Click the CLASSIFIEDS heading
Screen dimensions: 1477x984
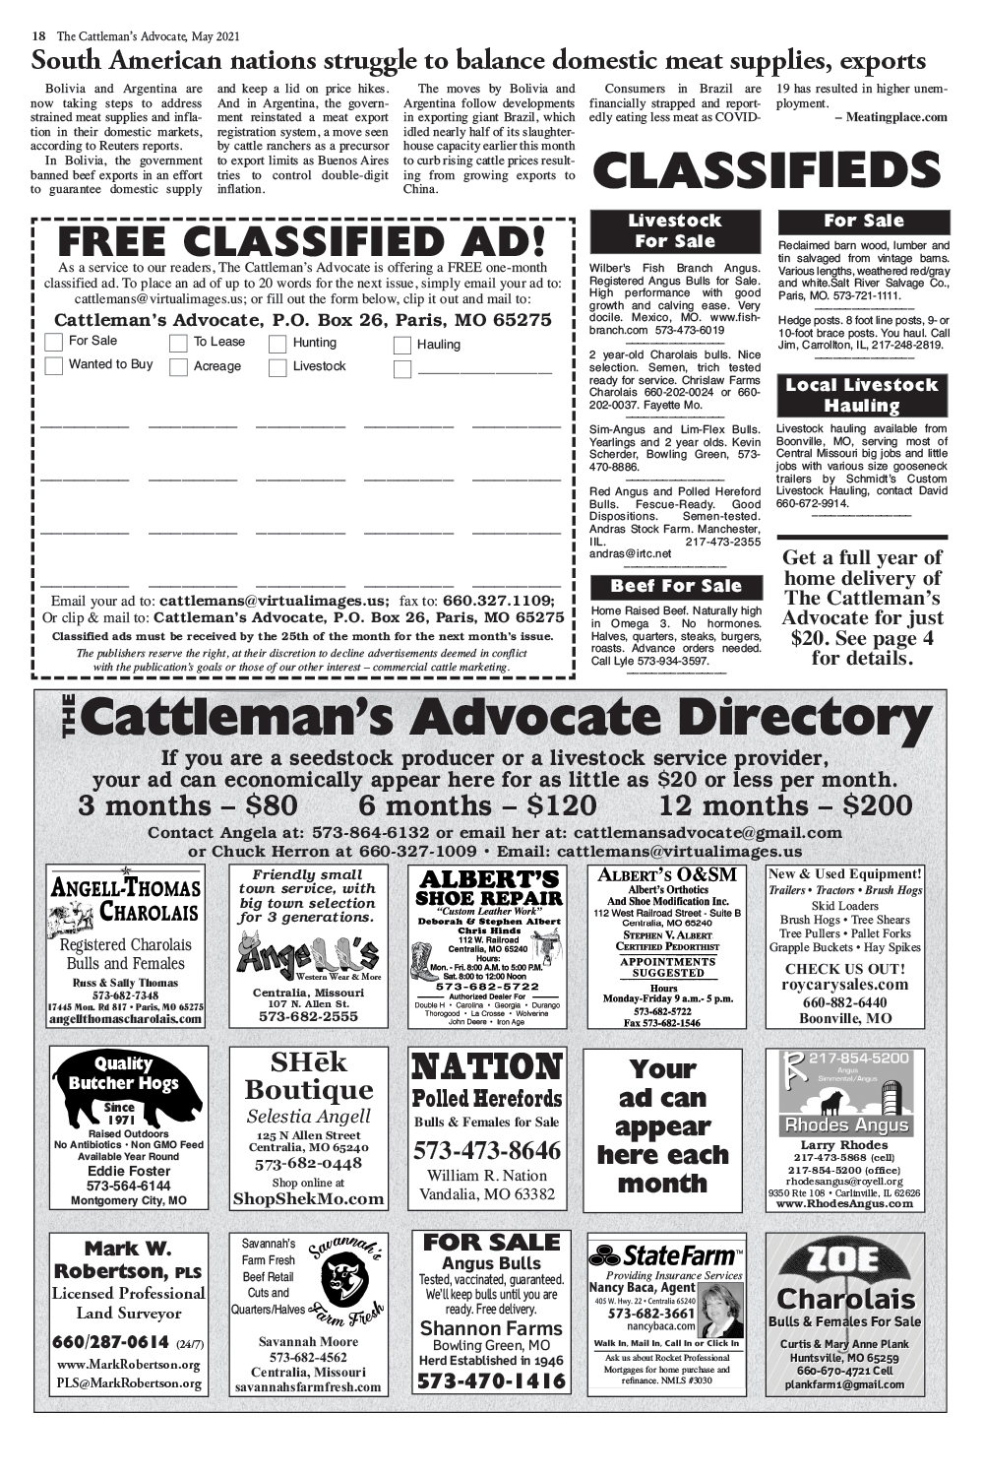pos(768,172)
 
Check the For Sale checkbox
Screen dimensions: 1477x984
pos(54,342)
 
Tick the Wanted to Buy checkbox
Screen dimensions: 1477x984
pos(54,365)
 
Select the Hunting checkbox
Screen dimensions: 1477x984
pos(277,344)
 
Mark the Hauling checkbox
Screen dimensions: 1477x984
pos(401,345)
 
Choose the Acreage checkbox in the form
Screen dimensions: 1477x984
pos(178,367)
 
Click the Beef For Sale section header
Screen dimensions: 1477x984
pos(676,587)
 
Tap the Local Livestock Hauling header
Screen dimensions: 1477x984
pos(863,395)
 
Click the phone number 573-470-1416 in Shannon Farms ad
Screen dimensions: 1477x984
pos(491,1381)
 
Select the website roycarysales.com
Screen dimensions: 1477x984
pos(844,985)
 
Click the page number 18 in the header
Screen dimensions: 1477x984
pos(39,36)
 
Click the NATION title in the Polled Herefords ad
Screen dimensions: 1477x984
pos(487,1067)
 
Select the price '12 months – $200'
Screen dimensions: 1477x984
pos(785,805)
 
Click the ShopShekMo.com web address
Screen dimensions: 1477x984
pos(308,1199)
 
